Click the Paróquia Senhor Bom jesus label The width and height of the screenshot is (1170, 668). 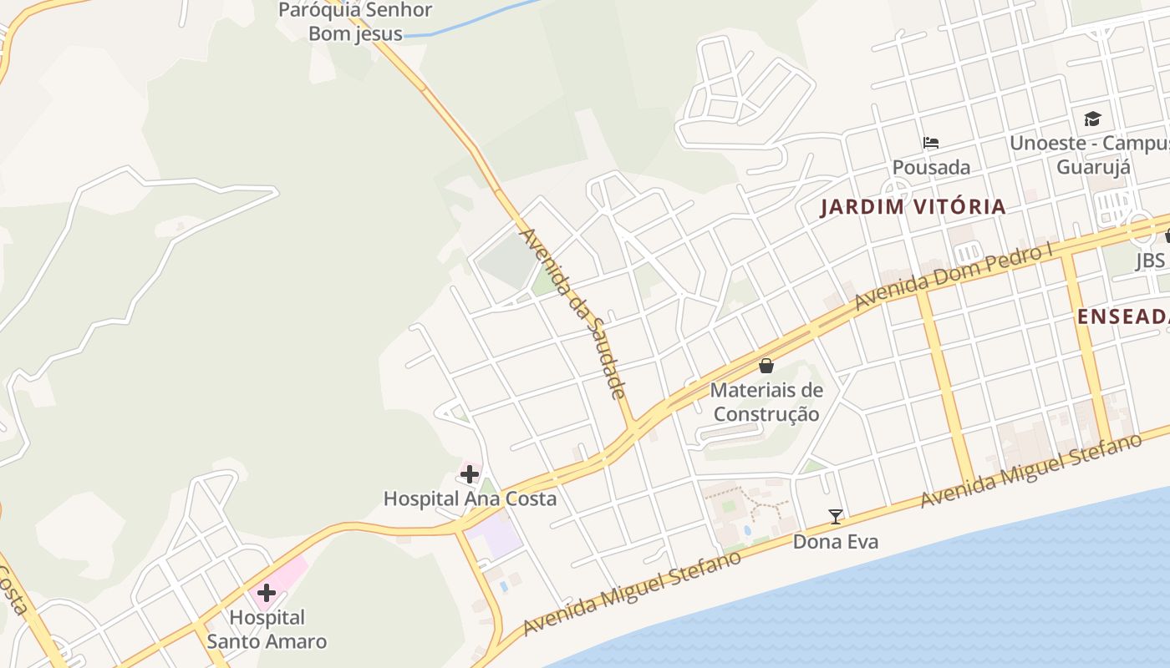[x=355, y=22]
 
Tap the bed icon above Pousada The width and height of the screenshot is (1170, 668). [x=931, y=143]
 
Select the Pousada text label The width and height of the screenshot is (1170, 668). [x=931, y=167]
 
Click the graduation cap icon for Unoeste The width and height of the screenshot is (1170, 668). [x=1092, y=119]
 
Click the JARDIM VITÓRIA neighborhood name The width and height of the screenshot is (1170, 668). [x=913, y=207]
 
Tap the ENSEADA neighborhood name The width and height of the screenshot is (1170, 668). [x=1122, y=316]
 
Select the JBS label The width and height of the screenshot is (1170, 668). [x=1150, y=261]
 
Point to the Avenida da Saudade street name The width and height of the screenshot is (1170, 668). [x=573, y=313]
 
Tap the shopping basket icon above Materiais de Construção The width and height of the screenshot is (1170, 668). [x=766, y=366]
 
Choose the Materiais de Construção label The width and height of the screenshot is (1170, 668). [x=766, y=402]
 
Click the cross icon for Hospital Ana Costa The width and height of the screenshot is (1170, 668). [x=470, y=475]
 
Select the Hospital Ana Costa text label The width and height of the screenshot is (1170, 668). [x=470, y=498]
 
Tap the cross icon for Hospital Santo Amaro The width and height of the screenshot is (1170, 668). [x=267, y=594]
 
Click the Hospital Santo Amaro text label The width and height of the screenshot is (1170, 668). [x=267, y=630]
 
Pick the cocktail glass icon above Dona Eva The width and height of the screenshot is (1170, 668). [x=836, y=517]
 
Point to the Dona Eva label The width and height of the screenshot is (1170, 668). [x=836, y=542]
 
